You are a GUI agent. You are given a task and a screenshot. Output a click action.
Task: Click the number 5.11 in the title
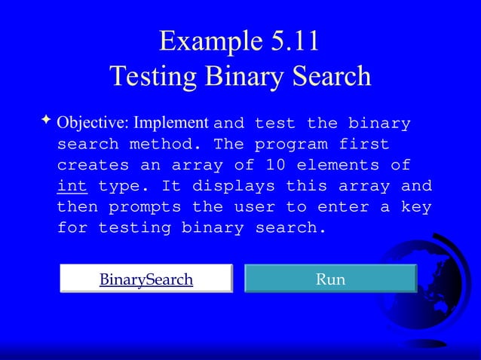pos(290,42)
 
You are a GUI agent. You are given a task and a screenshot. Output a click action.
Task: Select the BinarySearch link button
pos(146,279)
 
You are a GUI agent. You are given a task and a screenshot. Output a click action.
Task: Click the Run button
pos(331,279)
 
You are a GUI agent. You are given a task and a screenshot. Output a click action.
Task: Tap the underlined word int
pos(72,185)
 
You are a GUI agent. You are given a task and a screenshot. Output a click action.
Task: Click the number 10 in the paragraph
pos(275,165)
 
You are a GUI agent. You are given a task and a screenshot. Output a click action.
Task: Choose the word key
pos(415,206)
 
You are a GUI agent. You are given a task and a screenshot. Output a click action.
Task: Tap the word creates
pos(93,165)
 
